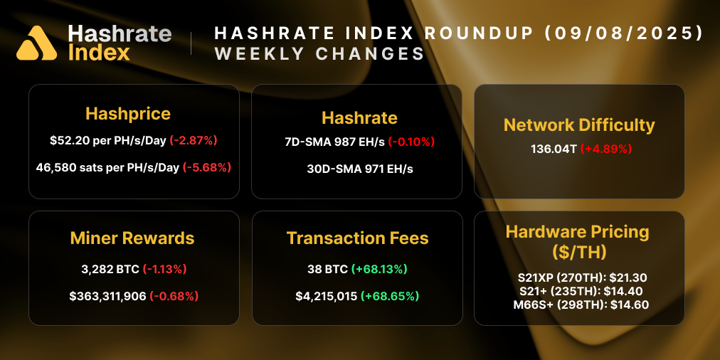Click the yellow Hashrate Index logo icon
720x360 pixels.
pos(36,43)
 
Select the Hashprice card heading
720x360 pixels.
pos(128,114)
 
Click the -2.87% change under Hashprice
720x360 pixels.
pos(193,141)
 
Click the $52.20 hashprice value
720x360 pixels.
pos(68,141)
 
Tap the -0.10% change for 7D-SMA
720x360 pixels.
pos(411,142)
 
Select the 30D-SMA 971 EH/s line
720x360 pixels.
pos(359,169)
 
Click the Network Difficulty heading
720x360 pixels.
pos(579,125)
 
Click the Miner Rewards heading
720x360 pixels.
pos(132,238)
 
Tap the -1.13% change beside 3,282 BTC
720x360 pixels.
pos(166,269)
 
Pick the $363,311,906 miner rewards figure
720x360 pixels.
pos(107,295)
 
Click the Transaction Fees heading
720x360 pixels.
pos(358,238)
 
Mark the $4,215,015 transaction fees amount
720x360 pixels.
pos(326,295)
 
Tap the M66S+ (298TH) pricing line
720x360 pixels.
pos(578,305)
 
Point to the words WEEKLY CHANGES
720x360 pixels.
pos(319,54)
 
